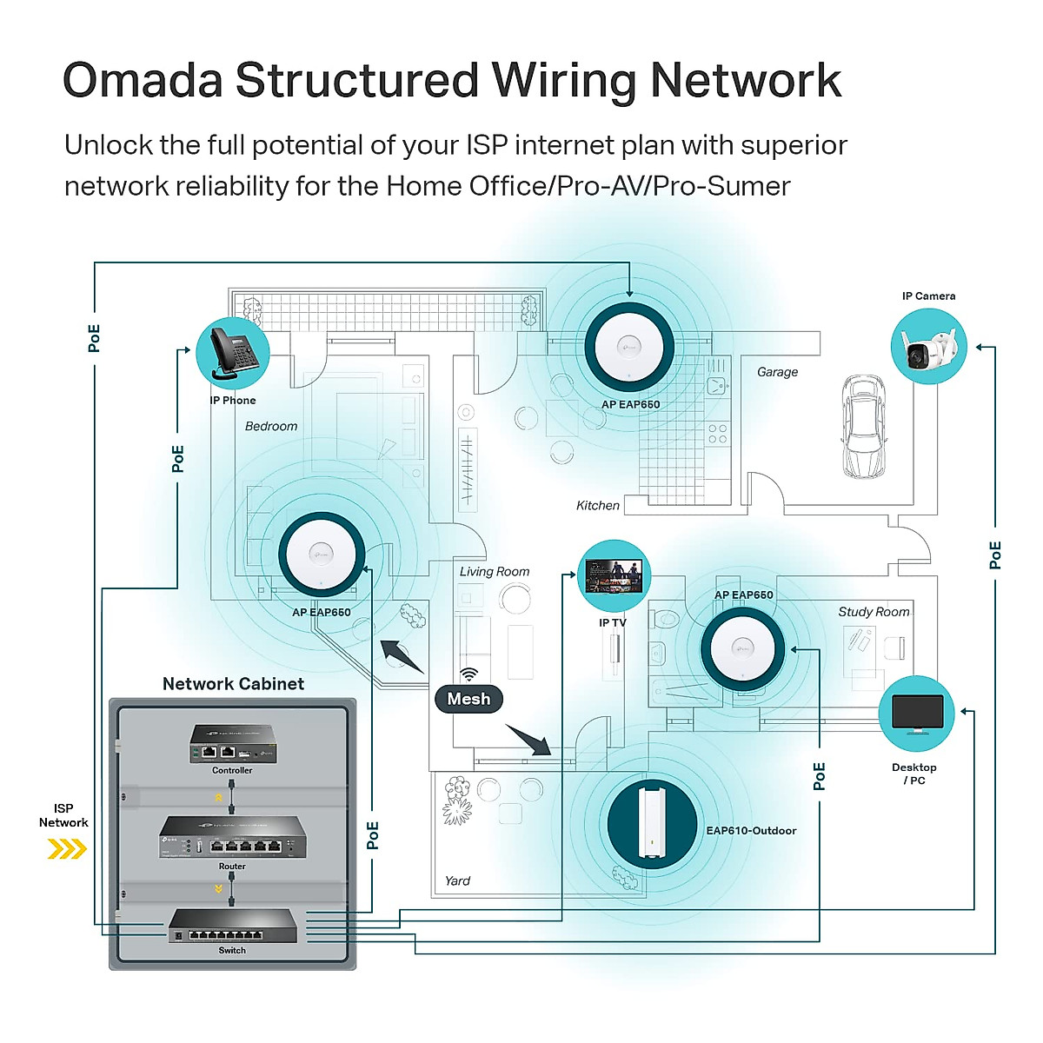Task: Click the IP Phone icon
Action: pyautogui.click(x=232, y=354)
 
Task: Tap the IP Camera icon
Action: pyautogui.click(x=928, y=347)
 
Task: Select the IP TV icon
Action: pyautogui.click(x=614, y=575)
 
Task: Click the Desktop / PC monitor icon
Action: pyautogui.click(x=916, y=714)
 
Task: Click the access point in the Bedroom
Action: pyautogui.click(x=322, y=554)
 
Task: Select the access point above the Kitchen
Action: pyautogui.click(x=629, y=348)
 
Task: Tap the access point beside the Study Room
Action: pyautogui.click(x=743, y=648)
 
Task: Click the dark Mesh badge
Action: pyautogui.click(x=468, y=699)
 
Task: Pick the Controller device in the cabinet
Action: pyautogui.click(x=232, y=745)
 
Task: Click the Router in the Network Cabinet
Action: pyautogui.click(x=232, y=838)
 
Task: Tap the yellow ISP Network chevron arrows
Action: pyautogui.click(x=67, y=848)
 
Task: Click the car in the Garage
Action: pyautogui.click(x=864, y=427)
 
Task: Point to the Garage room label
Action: pyautogui.click(x=777, y=372)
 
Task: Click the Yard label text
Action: pyautogui.click(x=457, y=880)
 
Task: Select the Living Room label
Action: pyautogui.click(x=495, y=571)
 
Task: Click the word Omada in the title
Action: pyautogui.click(x=143, y=81)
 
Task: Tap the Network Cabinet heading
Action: pyautogui.click(x=233, y=684)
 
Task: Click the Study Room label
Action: pyautogui.click(x=874, y=612)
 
